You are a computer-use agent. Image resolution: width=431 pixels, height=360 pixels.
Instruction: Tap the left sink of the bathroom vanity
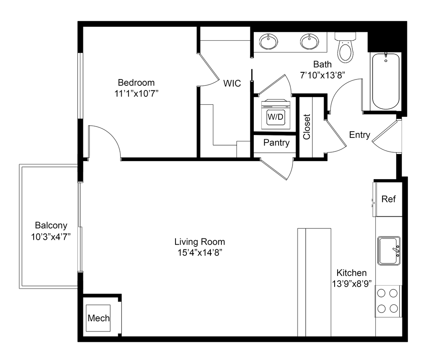269,42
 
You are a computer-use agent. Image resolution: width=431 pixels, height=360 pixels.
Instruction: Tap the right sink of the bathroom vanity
309,42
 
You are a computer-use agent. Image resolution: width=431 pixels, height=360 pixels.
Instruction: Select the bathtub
386,81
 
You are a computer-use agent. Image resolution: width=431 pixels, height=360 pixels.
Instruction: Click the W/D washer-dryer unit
275,114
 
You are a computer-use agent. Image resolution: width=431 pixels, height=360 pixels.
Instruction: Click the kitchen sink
389,251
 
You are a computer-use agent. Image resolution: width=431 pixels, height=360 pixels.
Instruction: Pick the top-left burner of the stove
381,293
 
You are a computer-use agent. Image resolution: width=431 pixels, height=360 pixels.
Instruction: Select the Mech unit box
98,318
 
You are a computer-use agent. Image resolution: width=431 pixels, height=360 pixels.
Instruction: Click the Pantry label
276,143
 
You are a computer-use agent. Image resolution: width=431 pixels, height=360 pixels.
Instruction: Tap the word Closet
306,127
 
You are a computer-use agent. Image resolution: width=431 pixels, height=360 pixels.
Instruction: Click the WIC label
232,83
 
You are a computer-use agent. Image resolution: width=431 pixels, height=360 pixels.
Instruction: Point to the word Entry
359,135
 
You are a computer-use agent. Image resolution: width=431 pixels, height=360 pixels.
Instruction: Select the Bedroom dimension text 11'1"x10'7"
136,94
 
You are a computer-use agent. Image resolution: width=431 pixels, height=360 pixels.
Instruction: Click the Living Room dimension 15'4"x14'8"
200,253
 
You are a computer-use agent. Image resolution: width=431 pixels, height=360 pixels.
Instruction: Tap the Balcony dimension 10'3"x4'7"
51,236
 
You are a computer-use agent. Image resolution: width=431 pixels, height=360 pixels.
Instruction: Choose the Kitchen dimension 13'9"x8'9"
352,283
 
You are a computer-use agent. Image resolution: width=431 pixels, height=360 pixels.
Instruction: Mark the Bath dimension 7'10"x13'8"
322,75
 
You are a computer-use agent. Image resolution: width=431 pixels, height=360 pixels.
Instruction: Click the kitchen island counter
314,282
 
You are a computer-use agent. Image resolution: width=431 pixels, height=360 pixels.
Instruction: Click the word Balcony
51,225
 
